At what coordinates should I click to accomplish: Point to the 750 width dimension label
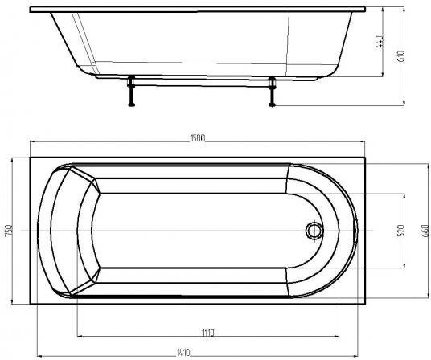[x=8, y=231]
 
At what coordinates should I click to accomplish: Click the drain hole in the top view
[x=313, y=231]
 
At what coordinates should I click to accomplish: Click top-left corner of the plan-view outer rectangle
[x=31, y=157]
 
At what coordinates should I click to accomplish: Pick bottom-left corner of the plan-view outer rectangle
[x=31, y=305]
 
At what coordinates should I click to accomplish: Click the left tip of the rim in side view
[x=31, y=10]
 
